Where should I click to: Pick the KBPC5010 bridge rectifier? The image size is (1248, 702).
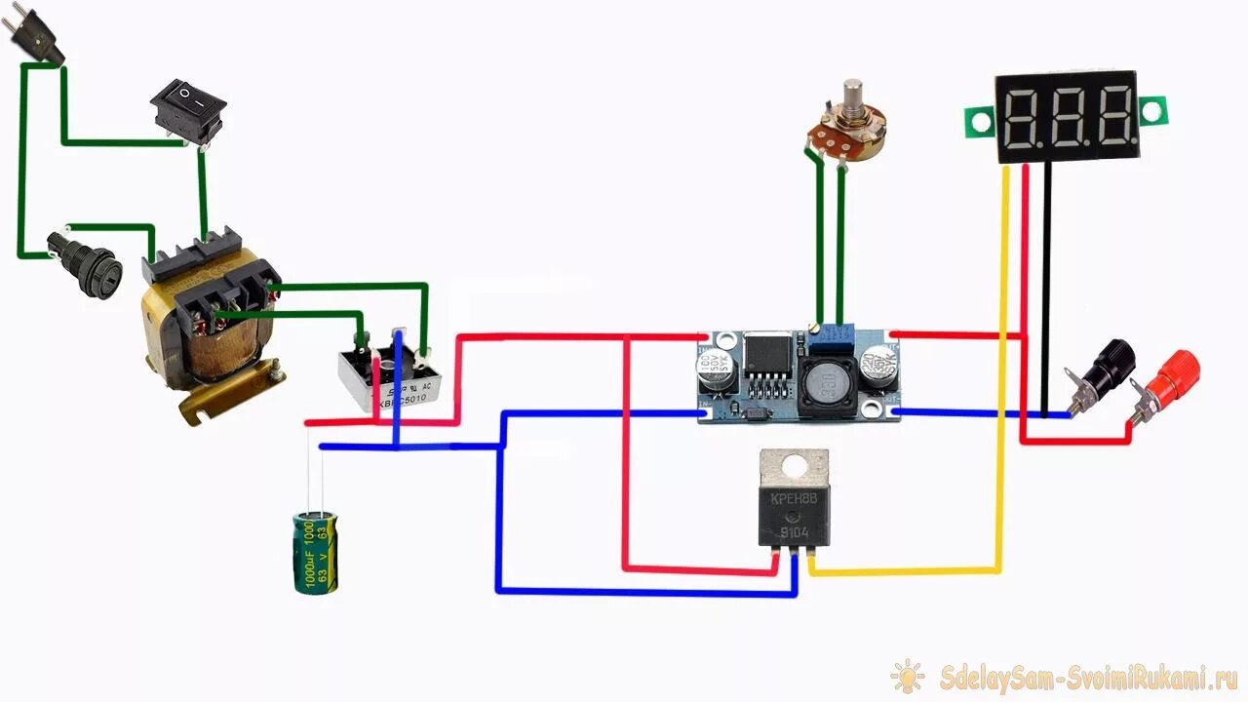390,375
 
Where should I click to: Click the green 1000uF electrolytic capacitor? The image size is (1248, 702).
317,553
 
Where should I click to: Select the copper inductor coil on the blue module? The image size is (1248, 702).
827,385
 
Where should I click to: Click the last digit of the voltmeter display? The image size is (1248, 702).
1112,116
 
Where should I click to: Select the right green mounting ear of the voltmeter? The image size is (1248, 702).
1152,113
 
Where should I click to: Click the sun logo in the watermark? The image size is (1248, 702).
908,676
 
